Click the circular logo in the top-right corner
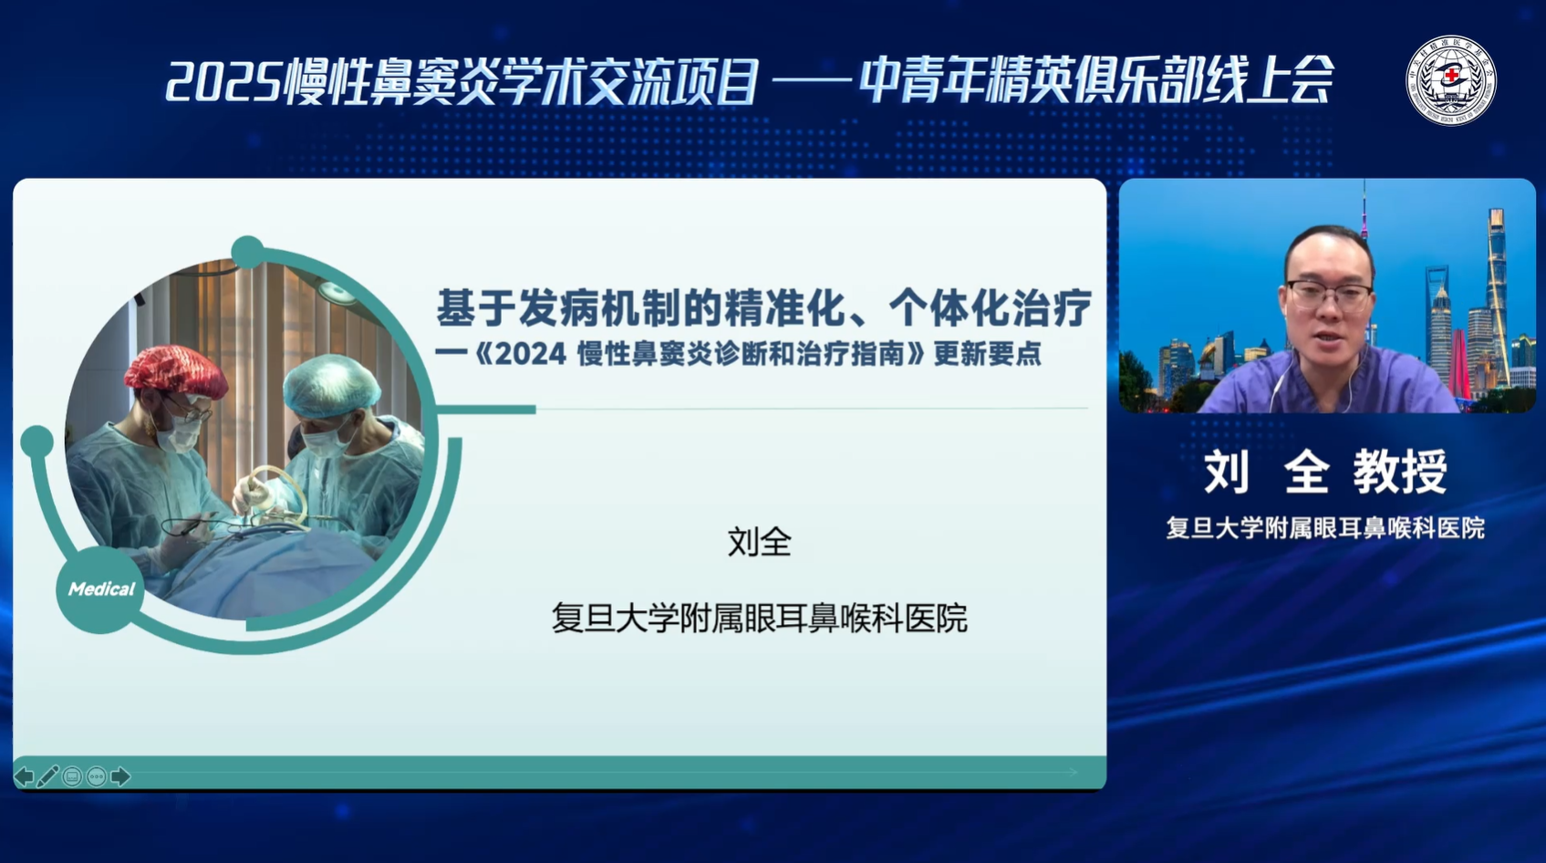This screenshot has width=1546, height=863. [x=1451, y=80]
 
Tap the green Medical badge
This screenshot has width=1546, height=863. [x=100, y=589]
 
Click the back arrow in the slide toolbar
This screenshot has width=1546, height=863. [x=24, y=776]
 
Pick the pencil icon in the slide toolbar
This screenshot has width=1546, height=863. [x=47, y=776]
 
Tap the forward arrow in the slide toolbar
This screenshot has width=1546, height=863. [x=120, y=776]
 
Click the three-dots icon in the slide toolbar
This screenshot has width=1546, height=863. [x=97, y=777]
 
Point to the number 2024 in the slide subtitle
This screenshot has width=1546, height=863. [x=531, y=354]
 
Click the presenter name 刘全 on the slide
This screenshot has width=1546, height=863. [x=759, y=542]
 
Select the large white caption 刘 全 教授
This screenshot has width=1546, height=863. [x=1325, y=473]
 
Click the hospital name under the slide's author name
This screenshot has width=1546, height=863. [x=759, y=618]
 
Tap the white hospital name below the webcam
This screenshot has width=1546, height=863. [x=1325, y=528]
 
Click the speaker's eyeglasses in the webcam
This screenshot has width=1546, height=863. [x=1329, y=296]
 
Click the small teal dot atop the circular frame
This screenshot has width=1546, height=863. [x=248, y=252]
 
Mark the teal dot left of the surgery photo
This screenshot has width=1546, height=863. [x=37, y=442]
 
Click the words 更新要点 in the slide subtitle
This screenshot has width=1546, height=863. [x=987, y=354]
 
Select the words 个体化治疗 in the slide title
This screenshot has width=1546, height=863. [x=990, y=308]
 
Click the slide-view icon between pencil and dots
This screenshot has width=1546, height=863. [x=72, y=777]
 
